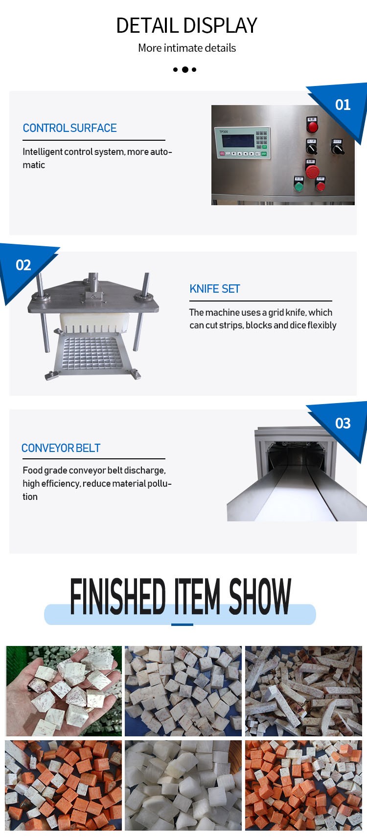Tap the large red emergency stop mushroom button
(x=312, y=172)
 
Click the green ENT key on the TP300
(x=264, y=154)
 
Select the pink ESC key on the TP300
(x=222, y=154)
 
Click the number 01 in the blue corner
(x=343, y=105)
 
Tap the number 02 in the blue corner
(x=23, y=265)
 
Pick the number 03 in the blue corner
(x=343, y=423)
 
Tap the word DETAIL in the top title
(x=147, y=25)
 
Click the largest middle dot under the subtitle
(x=184, y=69)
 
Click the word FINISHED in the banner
(x=118, y=596)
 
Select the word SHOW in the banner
(x=260, y=596)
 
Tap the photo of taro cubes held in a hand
(x=64, y=691)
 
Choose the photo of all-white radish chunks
(x=183, y=785)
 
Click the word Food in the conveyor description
(x=32, y=470)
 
